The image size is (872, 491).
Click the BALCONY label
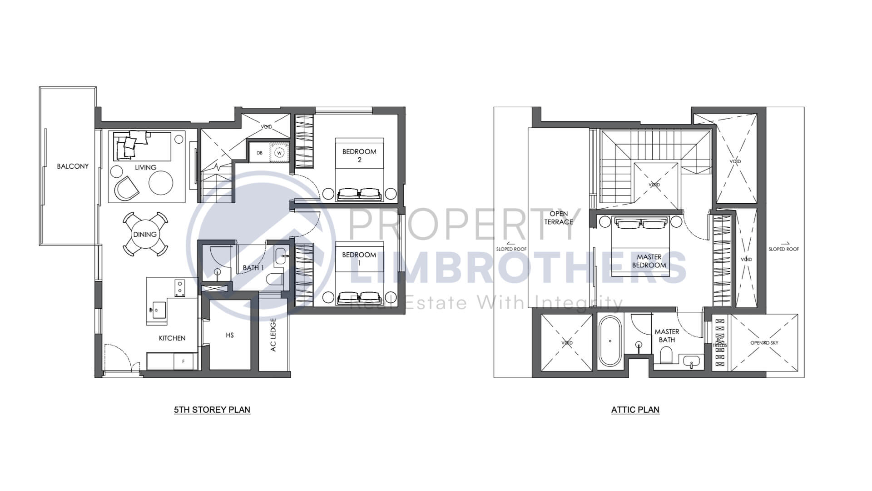coord(73,166)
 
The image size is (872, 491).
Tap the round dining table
coord(145,235)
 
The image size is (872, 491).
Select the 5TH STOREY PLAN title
coord(212,410)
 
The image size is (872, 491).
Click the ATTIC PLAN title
coord(635,410)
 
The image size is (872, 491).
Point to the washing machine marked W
coord(280,152)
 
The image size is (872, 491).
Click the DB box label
coord(259,153)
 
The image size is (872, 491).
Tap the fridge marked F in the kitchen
coord(183,362)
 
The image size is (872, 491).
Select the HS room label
coord(230,335)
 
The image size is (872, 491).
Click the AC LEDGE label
coord(273,335)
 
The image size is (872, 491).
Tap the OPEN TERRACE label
coord(559,218)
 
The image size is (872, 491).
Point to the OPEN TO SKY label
coord(764,343)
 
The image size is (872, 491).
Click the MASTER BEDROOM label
coord(649,261)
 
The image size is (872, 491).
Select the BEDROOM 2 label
coord(359,155)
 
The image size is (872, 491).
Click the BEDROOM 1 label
coord(359,259)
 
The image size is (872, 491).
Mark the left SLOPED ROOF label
coord(511,249)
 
